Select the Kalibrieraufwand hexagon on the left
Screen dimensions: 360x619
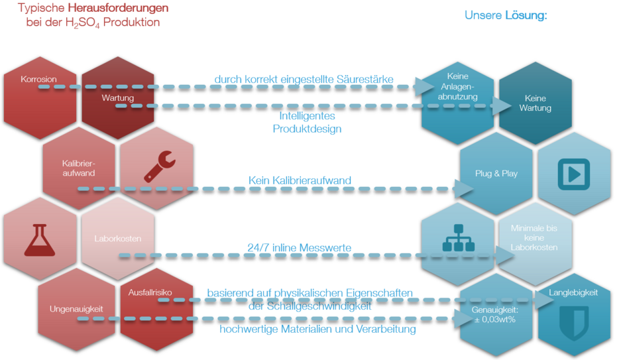point(79,168)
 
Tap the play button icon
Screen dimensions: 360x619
point(573,174)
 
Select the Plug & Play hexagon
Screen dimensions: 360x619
point(496,174)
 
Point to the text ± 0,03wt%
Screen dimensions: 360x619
point(496,319)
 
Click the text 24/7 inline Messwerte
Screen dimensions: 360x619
point(299,248)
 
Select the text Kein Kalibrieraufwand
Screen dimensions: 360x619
point(300,180)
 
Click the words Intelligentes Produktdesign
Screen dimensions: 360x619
point(307,122)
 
